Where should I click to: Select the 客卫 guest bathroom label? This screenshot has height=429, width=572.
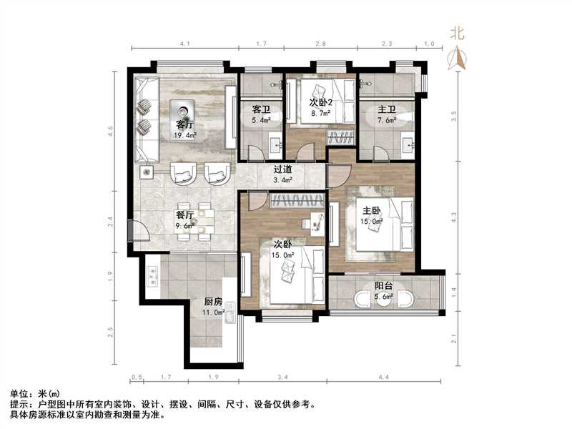tap(261, 110)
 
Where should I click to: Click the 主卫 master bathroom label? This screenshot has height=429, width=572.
tap(387, 110)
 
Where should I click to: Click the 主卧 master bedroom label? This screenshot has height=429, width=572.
tap(372, 212)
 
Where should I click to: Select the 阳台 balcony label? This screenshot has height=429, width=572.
tap(384, 287)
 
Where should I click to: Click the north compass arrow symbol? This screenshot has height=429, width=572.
tap(457, 58)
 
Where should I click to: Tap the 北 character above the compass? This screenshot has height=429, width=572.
tap(457, 33)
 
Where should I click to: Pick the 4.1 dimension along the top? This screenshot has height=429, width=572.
tap(184, 44)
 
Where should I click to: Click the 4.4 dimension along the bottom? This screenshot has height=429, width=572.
tap(383, 376)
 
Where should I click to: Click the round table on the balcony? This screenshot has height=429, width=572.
tap(384, 298)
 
